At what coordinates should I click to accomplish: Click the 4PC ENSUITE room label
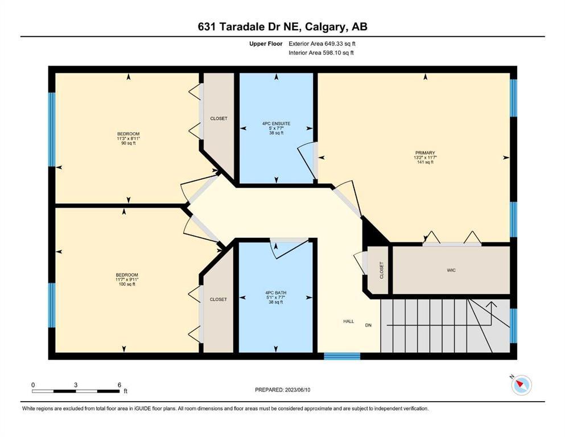[x=276, y=123]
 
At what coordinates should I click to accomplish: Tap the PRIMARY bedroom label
[x=425, y=152]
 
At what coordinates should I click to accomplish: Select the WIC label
[x=451, y=270]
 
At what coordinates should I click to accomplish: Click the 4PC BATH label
[x=275, y=293]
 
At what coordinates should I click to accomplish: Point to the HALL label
[x=348, y=321]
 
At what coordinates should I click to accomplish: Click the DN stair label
[x=368, y=325]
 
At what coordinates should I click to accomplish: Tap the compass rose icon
[x=521, y=385]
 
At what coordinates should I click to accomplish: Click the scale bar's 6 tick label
[x=119, y=385]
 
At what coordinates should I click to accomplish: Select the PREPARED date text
[x=282, y=390]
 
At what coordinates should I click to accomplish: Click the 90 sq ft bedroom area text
[x=128, y=143]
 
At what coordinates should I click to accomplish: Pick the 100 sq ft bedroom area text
[x=127, y=285]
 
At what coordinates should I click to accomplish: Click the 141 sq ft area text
[x=425, y=162]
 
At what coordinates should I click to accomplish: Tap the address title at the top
[x=282, y=27]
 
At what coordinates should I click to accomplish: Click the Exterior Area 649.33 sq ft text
[x=322, y=44]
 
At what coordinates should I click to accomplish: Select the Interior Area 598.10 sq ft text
[x=321, y=53]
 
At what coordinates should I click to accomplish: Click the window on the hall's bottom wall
[x=342, y=356]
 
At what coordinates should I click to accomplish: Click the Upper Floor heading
[x=266, y=44]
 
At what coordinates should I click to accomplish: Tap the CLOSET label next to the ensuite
[x=218, y=118]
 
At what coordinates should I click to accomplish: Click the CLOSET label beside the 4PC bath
[x=218, y=299]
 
